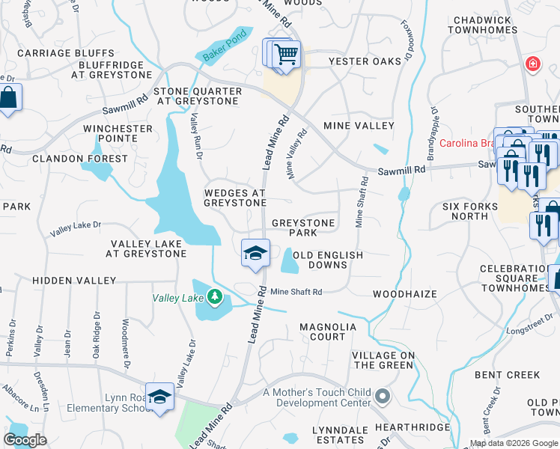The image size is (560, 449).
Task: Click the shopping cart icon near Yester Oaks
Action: tap(285, 54)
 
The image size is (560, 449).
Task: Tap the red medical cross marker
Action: tap(532, 64)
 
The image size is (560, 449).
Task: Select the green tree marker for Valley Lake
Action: tap(215, 298)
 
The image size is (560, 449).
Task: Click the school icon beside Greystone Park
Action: tap(255, 253)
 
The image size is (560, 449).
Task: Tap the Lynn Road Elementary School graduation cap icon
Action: tap(159, 397)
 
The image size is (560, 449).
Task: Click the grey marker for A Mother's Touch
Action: tap(383, 395)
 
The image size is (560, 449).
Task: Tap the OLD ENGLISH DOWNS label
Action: tap(328, 260)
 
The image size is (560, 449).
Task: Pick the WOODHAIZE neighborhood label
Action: tap(404, 294)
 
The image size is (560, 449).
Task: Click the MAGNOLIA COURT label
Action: tap(333, 332)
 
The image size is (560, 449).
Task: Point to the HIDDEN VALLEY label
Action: tap(74, 280)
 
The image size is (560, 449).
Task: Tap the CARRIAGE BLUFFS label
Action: tap(66, 54)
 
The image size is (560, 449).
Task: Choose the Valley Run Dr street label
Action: tap(196, 135)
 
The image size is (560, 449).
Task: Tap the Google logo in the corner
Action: tap(25, 440)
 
